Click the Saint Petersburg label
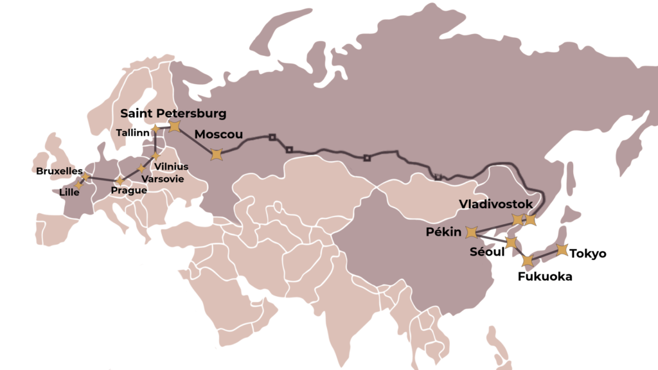pyautogui.click(x=173, y=114)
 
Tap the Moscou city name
pyautogui.click(x=218, y=134)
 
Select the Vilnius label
pyautogui.click(x=172, y=167)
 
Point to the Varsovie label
pyautogui.click(x=162, y=179)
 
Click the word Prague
pyautogui.click(x=129, y=191)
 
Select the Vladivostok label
pyautogui.click(x=496, y=204)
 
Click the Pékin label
pyautogui.click(x=443, y=232)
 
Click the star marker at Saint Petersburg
pyautogui.click(x=174, y=126)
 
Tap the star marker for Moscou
pyautogui.click(x=217, y=154)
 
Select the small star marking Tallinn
pyautogui.click(x=155, y=129)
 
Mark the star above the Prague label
pyautogui.click(x=120, y=181)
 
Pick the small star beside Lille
pyautogui.click(x=78, y=185)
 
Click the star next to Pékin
pyautogui.click(x=471, y=232)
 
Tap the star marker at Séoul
pyautogui.click(x=511, y=243)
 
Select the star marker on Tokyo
pyautogui.click(x=562, y=250)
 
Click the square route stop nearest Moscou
pyautogui.click(x=272, y=137)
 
